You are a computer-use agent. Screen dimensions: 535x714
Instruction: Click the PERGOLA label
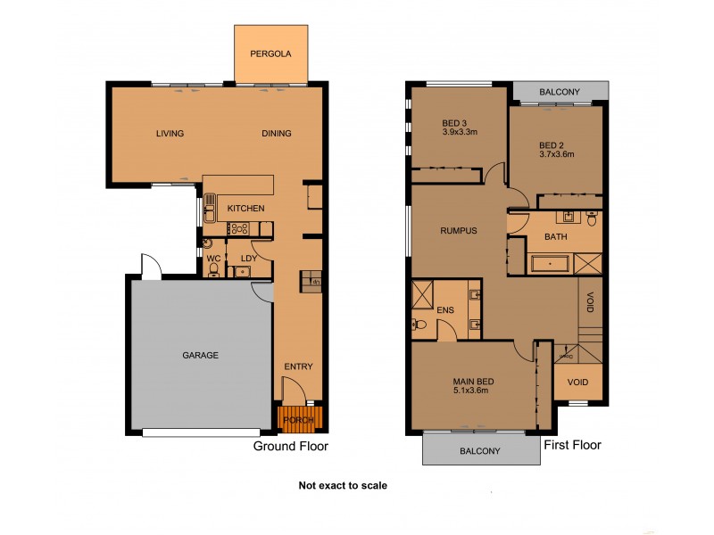click(x=270, y=53)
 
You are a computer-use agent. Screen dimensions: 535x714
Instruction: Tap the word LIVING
click(x=170, y=134)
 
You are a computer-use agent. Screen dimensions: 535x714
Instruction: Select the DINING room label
click(x=277, y=134)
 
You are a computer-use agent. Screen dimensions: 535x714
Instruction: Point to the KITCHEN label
click(x=245, y=209)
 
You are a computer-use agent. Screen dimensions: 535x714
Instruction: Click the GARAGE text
click(x=201, y=355)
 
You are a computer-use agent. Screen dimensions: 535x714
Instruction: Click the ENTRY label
click(x=298, y=367)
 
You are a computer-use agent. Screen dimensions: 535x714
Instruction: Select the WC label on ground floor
click(x=213, y=259)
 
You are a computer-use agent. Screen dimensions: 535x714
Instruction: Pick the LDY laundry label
click(x=249, y=259)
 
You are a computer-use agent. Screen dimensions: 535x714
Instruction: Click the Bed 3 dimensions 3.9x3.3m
click(x=461, y=132)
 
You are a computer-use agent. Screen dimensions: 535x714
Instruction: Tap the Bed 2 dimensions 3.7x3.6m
click(x=557, y=153)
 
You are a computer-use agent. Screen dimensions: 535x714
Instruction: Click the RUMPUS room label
click(x=459, y=230)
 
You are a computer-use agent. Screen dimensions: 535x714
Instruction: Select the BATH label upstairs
click(x=556, y=237)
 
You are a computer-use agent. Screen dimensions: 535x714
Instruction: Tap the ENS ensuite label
click(x=445, y=309)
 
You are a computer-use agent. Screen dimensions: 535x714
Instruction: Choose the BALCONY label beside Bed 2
click(x=560, y=92)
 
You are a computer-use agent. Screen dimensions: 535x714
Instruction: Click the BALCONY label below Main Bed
click(x=480, y=451)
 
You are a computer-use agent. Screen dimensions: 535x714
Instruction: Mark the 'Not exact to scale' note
click(x=343, y=486)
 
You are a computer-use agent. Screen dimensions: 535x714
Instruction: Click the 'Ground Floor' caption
click(x=291, y=446)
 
